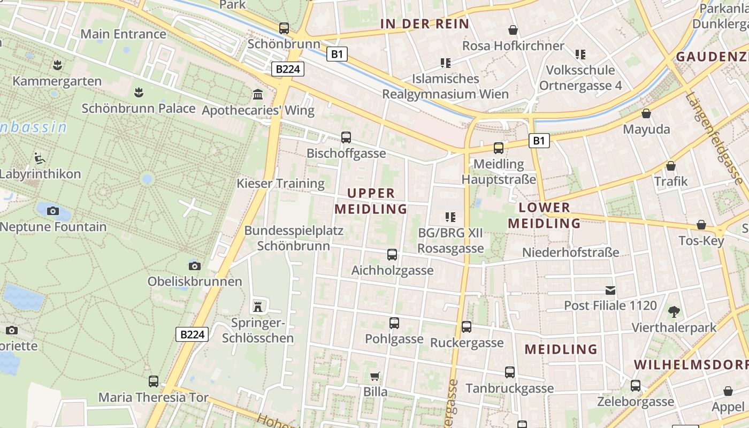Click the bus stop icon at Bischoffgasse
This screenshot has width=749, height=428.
[x=346, y=137]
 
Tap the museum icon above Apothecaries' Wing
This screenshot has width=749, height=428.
[x=258, y=95]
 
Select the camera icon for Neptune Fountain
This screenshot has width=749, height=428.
[x=52, y=211]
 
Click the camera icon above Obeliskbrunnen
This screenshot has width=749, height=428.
[x=195, y=266]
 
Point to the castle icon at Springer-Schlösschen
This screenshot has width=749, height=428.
[x=258, y=307]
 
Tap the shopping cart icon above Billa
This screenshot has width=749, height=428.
[x=375, y=377]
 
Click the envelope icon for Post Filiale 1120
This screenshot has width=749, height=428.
[x=610, y=291]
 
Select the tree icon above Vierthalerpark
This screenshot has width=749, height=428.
[x=674, y=311]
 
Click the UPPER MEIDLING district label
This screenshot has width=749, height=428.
[x=371, y=201]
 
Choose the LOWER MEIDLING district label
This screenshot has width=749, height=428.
[x=545, y=216]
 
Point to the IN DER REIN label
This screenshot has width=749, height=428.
[x=425, y=24]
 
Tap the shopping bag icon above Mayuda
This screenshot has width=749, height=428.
[x=646, y=114]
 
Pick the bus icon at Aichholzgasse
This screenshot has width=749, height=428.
[x=392, y=255]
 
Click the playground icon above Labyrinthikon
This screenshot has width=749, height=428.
[x=40, y=158]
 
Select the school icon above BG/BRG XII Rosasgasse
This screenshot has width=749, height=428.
[x=450, y=217]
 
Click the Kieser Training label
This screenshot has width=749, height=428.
[x=281, y=184]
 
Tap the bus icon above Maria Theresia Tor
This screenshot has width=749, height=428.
[x=154, y=381]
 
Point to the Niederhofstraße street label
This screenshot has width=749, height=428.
[x=570, y=252]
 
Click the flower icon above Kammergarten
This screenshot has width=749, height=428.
[x=57, y=65]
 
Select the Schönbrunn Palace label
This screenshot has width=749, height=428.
[x=139, y=108]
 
